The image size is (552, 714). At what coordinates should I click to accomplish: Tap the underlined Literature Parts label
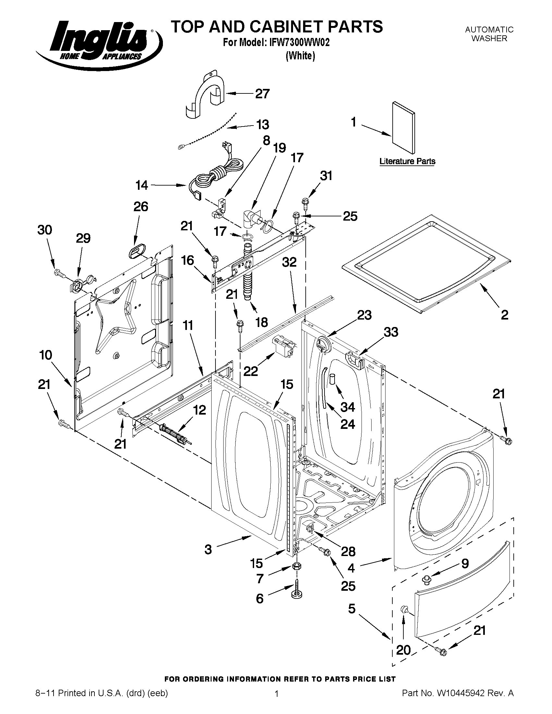coord(407,161)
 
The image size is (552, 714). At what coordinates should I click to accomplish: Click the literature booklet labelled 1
coord(404,128)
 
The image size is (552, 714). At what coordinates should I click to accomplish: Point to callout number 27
coord(262,94)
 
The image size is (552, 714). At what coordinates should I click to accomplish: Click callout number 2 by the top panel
coord(504,315)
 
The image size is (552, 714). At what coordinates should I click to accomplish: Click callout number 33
coord(391,332)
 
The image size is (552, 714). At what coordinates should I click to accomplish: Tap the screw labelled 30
coord(58,272)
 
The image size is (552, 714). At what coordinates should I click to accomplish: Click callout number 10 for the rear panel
coord(46,355)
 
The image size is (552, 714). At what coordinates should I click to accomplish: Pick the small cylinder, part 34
coord(333,379)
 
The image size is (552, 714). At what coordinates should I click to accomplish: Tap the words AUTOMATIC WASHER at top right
coord(489,34)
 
